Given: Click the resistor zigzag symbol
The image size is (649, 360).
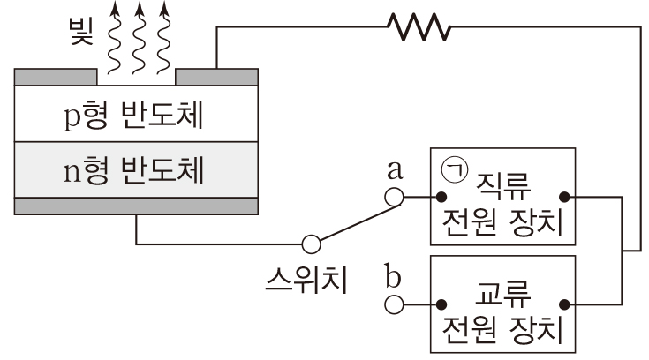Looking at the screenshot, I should click(418, 28).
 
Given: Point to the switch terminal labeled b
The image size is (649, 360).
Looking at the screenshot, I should click(396, 304).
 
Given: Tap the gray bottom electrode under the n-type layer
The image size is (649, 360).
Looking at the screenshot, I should click(137, 207).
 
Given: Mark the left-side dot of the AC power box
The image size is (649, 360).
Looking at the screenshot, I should click(439, 304).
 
